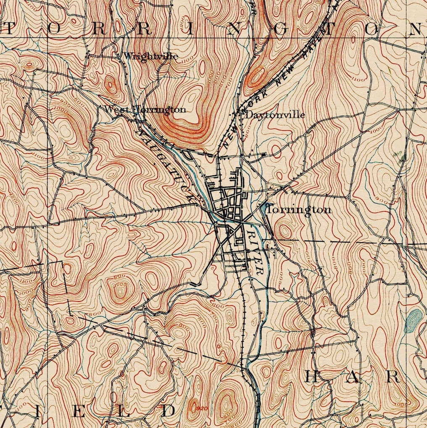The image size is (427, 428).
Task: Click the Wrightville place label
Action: (151, 56)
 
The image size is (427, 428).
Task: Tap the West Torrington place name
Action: (145, 110)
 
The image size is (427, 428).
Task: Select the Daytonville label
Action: (275, 115)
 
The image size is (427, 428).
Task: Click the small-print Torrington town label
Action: (299, 209)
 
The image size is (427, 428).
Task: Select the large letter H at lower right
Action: (311, 377)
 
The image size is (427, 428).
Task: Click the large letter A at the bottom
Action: (352, 377)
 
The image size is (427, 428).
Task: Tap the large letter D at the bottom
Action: (169, 411)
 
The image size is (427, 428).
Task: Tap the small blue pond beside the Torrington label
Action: (264, 207)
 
